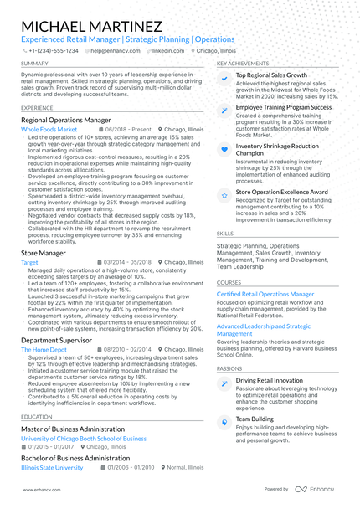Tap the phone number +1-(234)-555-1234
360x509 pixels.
[x=54, y=50]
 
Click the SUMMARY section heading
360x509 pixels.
[x=34, y=64]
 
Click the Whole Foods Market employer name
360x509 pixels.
[x=49, y=131]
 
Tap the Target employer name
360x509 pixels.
[x=29, y=262]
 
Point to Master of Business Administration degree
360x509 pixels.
[x=72, y=428]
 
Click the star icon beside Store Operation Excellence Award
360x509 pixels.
[x=224, y=194]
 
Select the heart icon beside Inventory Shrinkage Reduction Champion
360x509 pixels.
[x=224, y=147]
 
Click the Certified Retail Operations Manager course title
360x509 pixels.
[x=265, y=295]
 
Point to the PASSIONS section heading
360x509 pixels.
[x=229, y=368]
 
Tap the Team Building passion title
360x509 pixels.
[x=255, y=418]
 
